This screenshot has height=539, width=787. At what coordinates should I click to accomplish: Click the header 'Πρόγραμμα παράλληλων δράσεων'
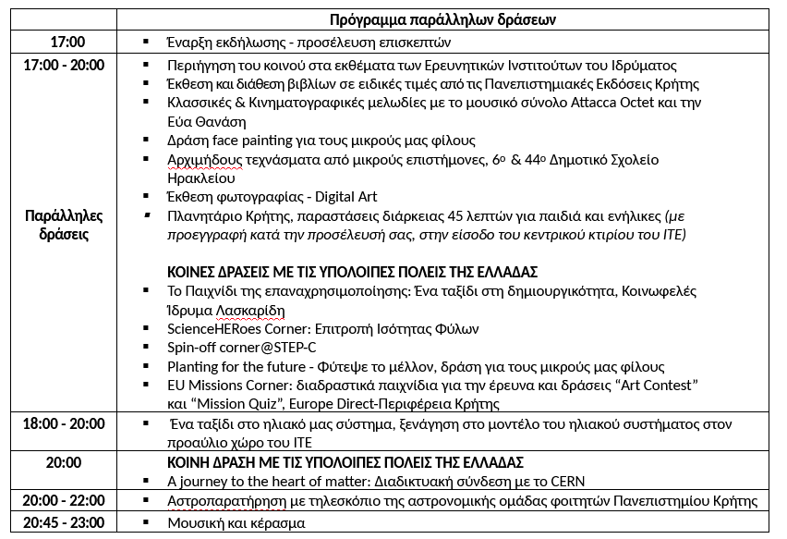pyautogui.click(x=442, y=19)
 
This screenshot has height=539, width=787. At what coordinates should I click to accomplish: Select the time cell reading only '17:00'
pyautogui.click(x=67, y=43)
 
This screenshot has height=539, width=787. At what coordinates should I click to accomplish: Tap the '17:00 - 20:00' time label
pyautogui.click(x=65, y=66)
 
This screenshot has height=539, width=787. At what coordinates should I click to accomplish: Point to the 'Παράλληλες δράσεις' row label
pyautogui.click(x=64, y=225)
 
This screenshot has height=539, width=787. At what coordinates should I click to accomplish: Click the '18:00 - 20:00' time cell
pyautogui.click(x=65, y=423)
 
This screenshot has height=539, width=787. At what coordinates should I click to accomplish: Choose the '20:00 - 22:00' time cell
pyautogui.click(x=65, y=501)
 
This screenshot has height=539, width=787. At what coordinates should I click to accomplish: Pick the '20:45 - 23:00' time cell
pyautogui.click(x=65, y=522)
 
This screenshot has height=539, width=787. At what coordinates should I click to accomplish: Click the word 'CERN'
pyautogui.click(x=565, y=482)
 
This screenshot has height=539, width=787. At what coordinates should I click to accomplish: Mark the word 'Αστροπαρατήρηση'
pyautogui.click(x=223, y=501)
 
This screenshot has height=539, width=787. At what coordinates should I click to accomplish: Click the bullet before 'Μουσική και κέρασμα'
pyautogui.click(x=145, y=523)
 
